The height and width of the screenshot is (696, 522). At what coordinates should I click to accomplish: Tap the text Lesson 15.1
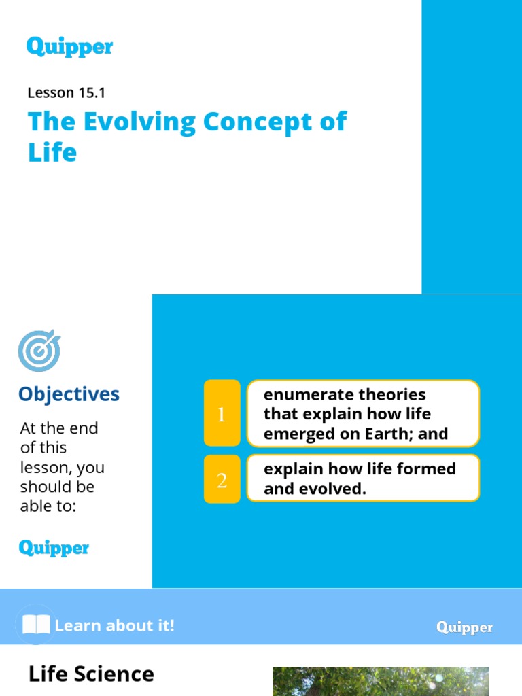[66, 92]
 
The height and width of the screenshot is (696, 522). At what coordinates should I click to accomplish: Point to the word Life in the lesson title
[52, 153]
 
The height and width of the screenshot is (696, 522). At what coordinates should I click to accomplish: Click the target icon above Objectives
[39, 351]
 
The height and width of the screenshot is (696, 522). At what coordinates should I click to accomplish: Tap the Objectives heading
[69, 394]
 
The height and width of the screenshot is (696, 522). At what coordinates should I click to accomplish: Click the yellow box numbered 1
[222, 413]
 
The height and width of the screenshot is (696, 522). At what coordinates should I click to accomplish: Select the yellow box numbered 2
[222, 479]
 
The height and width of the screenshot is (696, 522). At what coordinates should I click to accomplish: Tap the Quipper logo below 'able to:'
[54, 548]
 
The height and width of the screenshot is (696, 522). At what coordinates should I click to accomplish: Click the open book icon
[36, 625]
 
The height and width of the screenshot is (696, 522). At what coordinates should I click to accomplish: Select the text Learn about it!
[115, 625]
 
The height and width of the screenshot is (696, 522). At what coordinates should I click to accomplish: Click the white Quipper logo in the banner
[464, 627]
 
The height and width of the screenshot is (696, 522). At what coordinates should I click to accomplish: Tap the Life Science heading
[91, 674]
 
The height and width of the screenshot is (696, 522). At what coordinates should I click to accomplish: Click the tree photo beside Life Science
[381, 681]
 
